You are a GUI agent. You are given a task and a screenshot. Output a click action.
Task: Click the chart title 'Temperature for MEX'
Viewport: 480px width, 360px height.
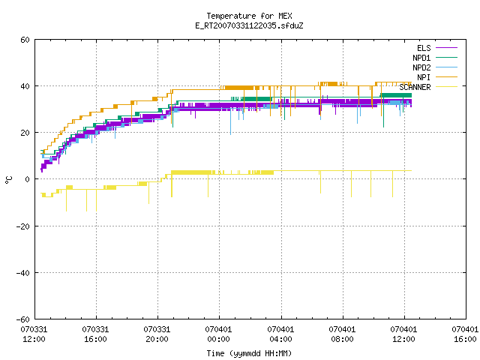[x=249, y=16]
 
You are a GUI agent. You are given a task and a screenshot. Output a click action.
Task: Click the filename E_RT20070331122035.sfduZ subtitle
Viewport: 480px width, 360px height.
[x=249, y=25]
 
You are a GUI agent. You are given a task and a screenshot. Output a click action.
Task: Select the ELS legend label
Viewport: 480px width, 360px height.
[x=424, y=48]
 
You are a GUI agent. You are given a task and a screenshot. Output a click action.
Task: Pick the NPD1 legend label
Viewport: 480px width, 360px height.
[x=421, y=58]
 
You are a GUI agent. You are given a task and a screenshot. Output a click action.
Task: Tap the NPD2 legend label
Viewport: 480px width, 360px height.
[x=421, y=67]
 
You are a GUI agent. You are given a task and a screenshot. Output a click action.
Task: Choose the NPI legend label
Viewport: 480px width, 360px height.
[x=424, y=77]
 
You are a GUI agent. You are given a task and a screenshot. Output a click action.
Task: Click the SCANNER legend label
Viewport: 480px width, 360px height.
[x=415, y=87]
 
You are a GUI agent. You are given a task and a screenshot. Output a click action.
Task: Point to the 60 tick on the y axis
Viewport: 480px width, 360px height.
[x=25, y=40]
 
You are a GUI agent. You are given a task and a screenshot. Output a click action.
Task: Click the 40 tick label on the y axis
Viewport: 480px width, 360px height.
[x=25, y=86]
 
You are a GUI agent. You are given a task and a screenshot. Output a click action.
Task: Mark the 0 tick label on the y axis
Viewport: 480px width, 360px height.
[x=28, y=179]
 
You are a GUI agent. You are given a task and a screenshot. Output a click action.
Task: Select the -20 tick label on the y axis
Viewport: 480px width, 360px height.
[x=23, y=226]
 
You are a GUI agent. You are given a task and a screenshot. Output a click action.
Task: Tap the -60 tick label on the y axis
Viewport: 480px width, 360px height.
[x=23, y=319]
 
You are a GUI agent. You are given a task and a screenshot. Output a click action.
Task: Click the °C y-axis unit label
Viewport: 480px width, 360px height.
[x=8, y=180]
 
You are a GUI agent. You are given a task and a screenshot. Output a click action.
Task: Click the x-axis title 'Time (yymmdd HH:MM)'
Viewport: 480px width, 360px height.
[x=249, y=353]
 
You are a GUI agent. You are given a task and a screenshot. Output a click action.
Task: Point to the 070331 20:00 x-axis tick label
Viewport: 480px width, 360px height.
[x=157, y=334]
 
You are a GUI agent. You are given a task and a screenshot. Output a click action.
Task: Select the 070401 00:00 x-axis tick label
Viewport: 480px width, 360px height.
[x=218, y=334]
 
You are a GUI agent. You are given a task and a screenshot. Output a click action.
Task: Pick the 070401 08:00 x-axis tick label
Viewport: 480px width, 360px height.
[x=342, y=334]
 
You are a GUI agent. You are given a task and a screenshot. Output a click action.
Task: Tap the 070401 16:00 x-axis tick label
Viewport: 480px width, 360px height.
[x=465, y=334]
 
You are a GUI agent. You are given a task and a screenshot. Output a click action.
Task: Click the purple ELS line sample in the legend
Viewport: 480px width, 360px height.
[x=447, y=48]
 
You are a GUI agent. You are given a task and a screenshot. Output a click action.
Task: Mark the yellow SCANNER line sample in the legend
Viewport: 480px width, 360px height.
[x=447, y=87]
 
